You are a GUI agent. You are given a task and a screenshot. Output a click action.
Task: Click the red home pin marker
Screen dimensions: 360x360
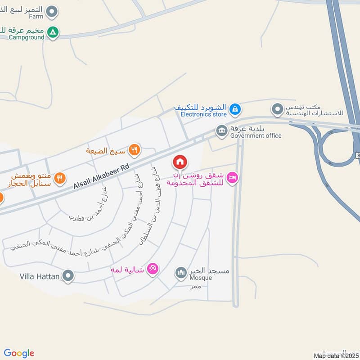tap(180, 162)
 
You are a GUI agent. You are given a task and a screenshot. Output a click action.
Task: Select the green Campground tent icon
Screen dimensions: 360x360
tap(53, 32)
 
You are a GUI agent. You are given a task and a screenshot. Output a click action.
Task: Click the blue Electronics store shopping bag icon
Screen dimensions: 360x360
tap(235, 108)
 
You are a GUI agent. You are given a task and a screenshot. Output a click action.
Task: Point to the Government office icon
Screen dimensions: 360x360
tap(221, 131)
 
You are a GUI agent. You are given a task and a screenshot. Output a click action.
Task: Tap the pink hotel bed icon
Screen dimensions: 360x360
tap(232, 178)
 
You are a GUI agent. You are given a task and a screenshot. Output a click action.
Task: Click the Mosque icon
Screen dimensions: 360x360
tap(181, 273)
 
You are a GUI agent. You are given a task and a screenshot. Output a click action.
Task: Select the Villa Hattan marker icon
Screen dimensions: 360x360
tap(68, 275)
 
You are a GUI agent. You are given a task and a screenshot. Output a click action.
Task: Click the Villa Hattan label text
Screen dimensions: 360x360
tap(40, 276)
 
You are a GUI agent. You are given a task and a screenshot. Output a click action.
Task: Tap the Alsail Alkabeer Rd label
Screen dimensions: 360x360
tap(101, 176)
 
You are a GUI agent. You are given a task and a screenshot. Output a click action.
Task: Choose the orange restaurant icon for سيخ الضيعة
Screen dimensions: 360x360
tap(134, 149)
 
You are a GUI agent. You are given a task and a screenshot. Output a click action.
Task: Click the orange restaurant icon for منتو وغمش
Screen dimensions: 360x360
tap(60, 179)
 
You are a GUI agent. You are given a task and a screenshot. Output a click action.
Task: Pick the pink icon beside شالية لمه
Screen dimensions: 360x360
tap(153, 269)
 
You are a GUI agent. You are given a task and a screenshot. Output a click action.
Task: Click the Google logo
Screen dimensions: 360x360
tap(19, 353)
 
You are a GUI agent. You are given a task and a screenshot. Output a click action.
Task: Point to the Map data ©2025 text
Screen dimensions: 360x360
tap(336, 356)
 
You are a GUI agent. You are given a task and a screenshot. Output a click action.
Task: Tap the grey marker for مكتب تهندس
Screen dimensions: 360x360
tap(278, 108)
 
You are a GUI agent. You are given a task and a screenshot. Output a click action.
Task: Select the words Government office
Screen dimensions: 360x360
tap(256, 135)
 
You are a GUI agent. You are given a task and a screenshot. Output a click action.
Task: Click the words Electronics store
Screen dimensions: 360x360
tap(204, 114)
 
